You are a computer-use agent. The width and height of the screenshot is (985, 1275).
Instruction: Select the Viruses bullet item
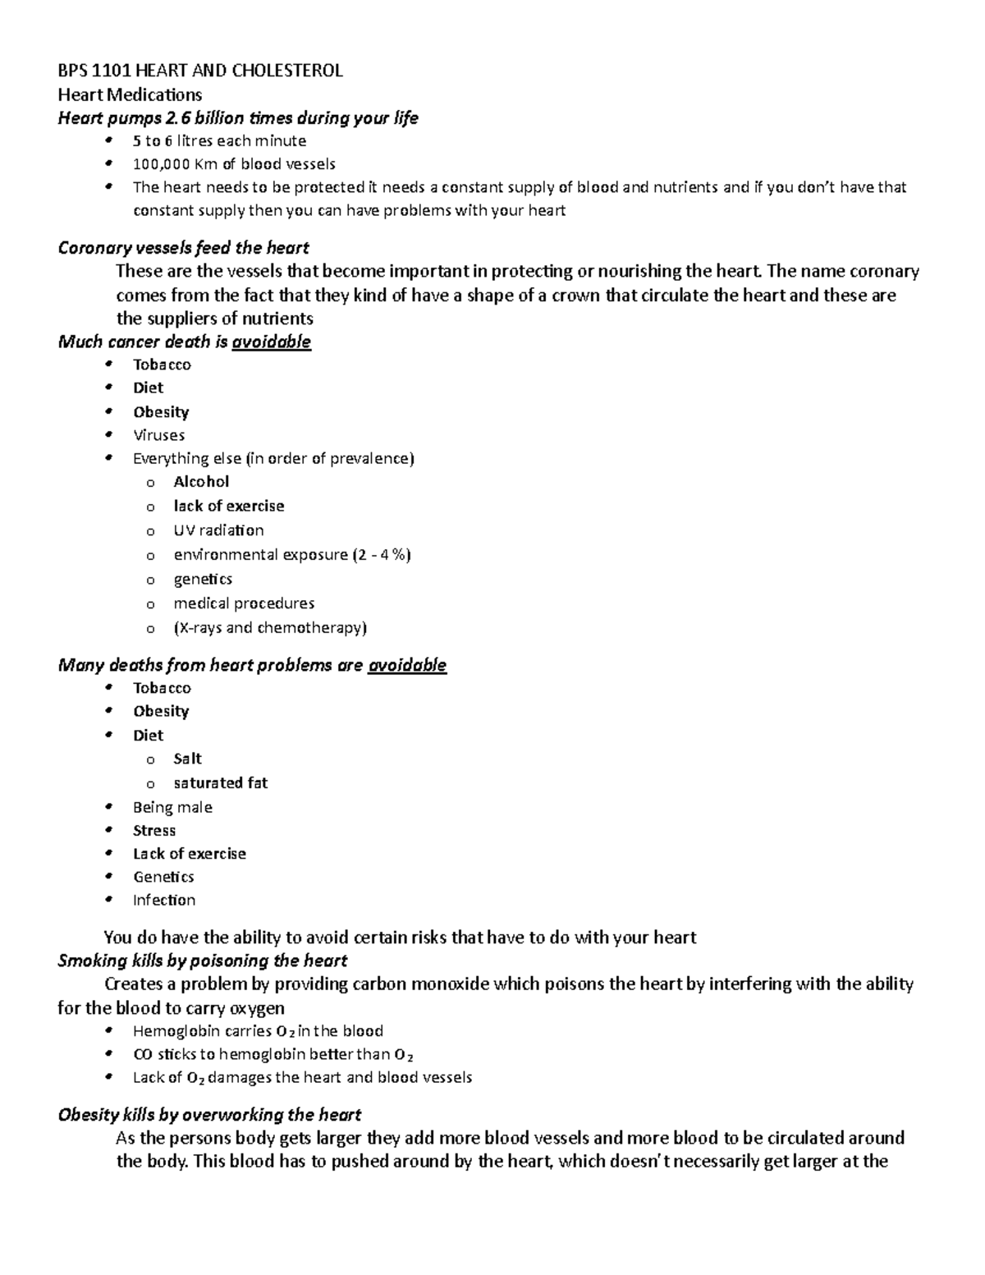click(158, 435)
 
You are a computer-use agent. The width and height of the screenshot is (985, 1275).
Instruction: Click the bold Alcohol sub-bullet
click(201, 482)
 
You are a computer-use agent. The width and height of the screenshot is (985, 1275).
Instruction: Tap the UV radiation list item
click(218, 530)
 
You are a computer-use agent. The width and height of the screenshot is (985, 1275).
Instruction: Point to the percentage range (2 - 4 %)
click(382, 555)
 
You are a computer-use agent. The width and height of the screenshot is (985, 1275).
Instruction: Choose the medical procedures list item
click(244, 603)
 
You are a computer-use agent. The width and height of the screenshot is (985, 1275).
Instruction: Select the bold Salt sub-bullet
click(187, 759)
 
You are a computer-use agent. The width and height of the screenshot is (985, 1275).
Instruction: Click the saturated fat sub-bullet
click(220, 783)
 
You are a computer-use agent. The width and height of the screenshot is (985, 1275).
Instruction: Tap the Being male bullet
click(172, 808)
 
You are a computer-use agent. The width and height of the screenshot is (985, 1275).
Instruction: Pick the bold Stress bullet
click(154, 831)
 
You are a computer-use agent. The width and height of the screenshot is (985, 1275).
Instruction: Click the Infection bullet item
click(164, 901)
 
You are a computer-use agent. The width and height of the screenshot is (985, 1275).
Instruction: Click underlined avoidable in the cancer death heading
click(271, 342)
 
